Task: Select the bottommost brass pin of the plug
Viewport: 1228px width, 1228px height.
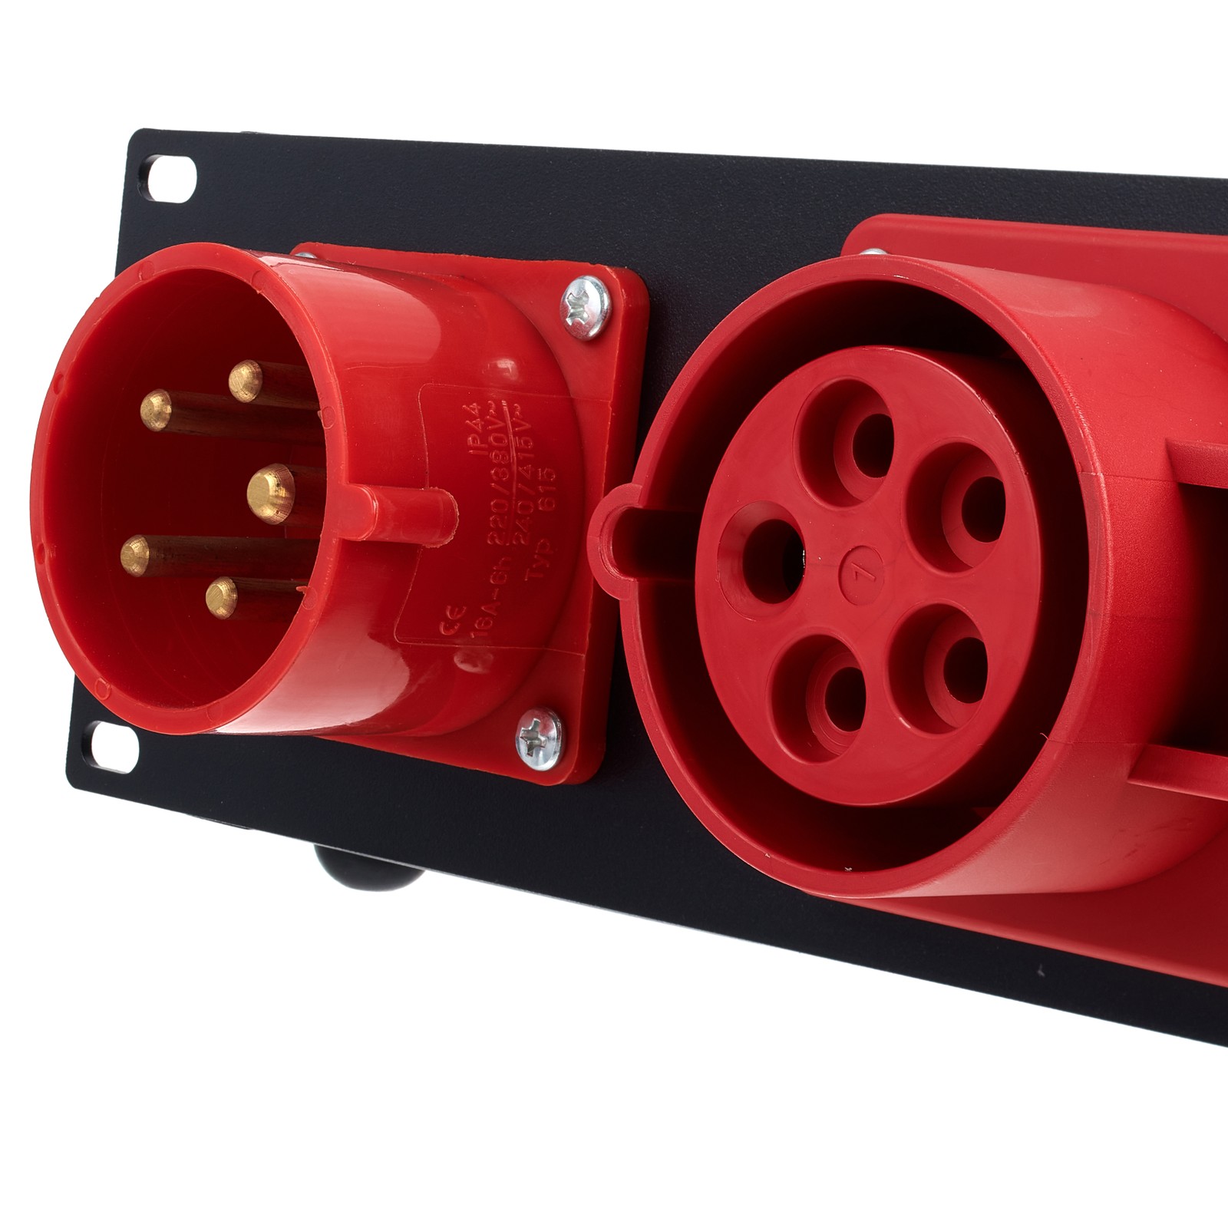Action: [222, 596]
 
